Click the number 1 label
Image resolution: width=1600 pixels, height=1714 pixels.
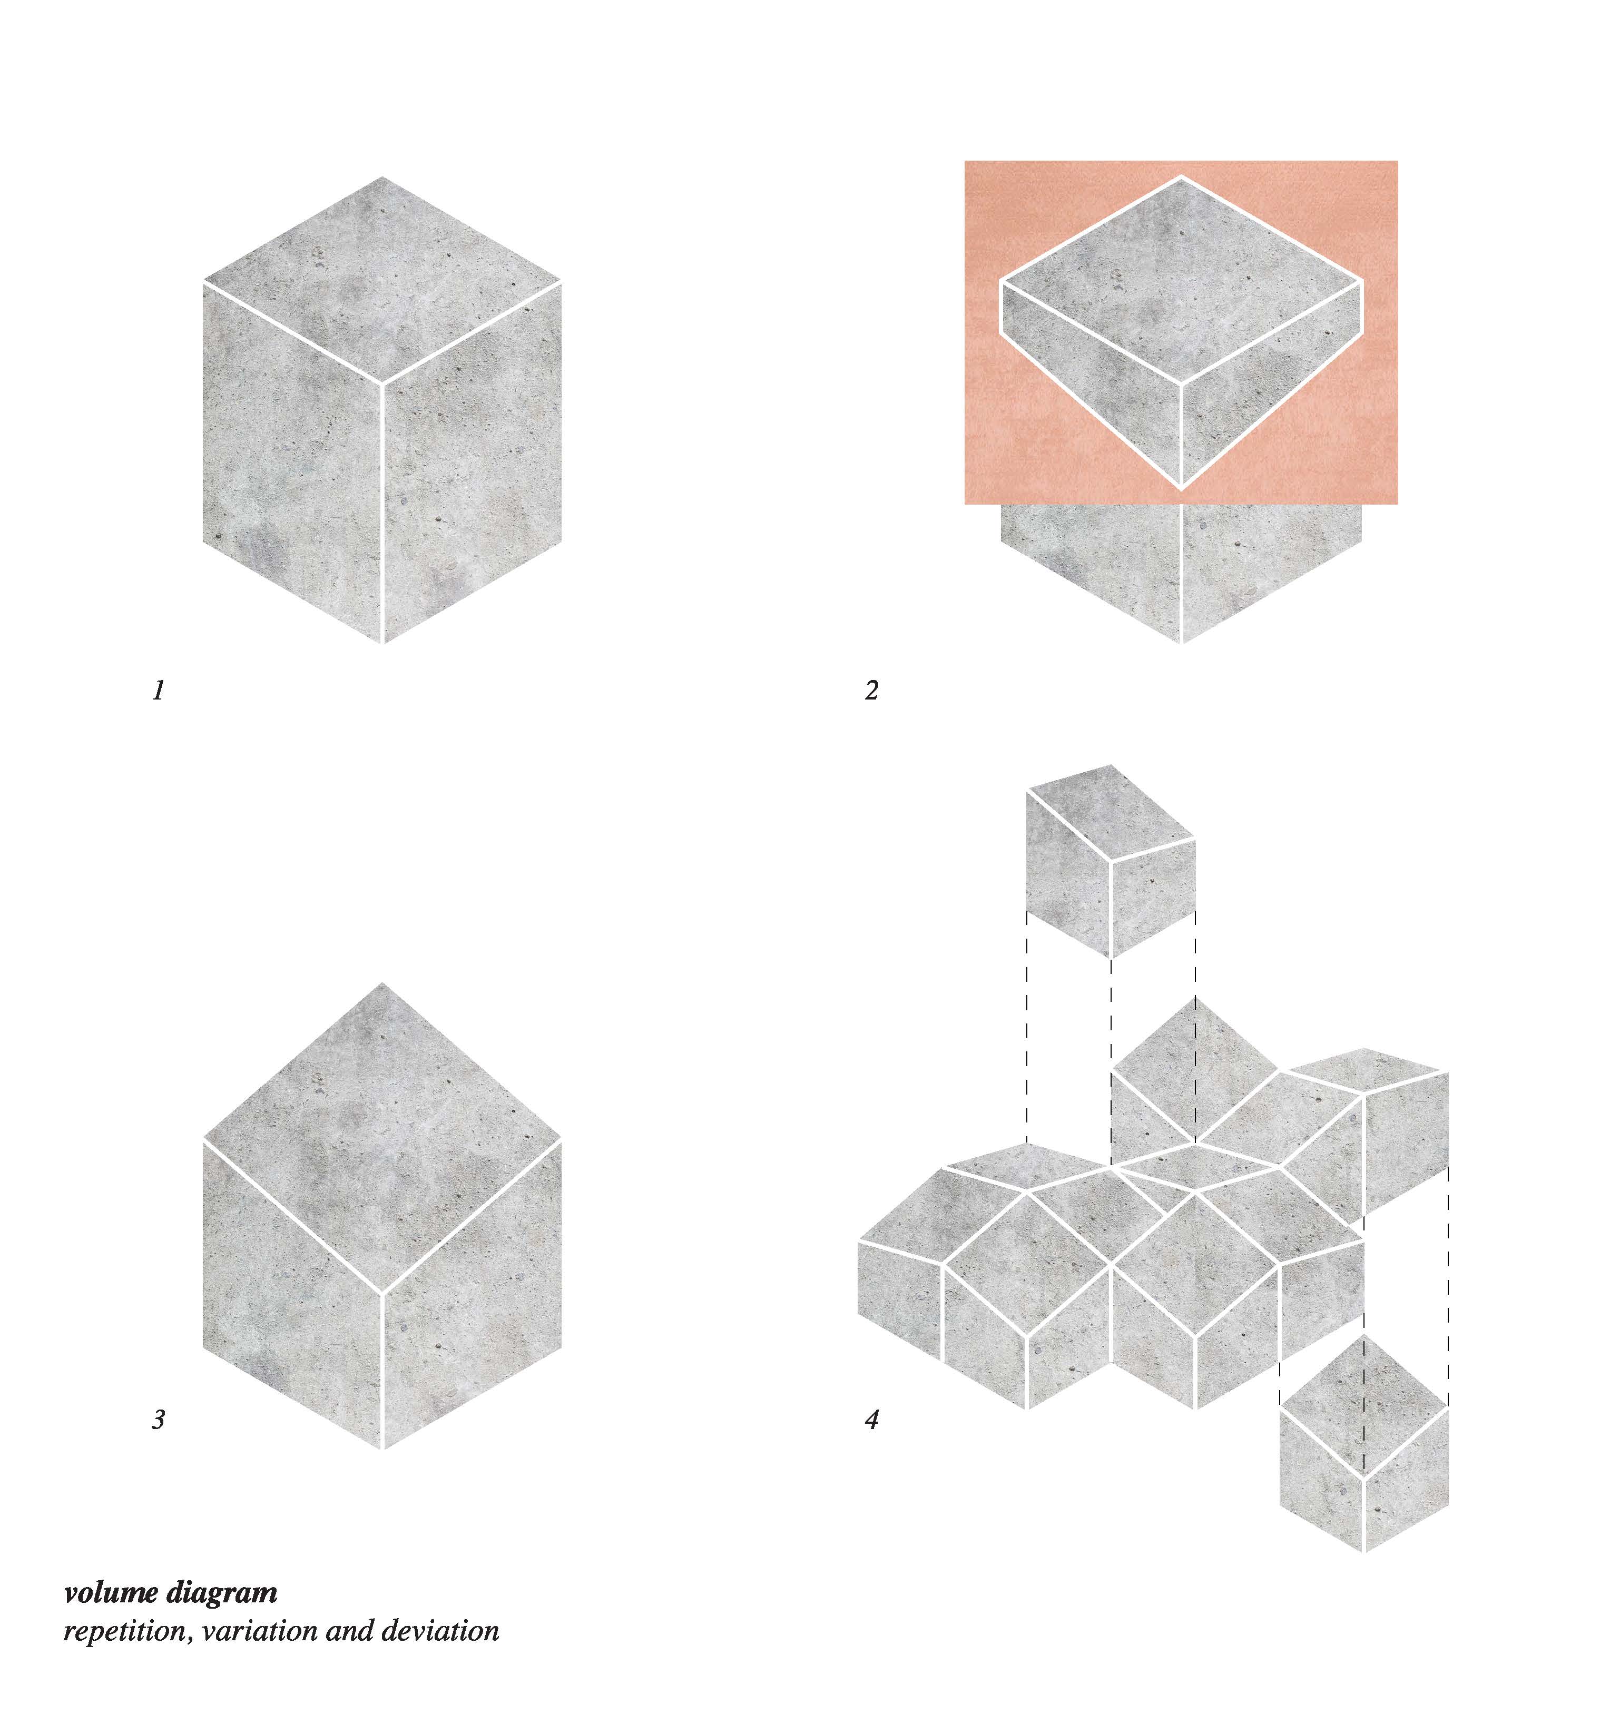pyautogui.click(x=158, y=691)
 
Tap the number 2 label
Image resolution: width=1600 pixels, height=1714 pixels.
pyautogui.click(x=871, y=691)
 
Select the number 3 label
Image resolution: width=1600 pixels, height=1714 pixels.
pyautogui.click(x=158, y=1419)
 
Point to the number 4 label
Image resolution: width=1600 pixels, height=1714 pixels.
pyautogui.click(x=872, y=1419)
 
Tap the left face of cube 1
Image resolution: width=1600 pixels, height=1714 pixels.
pyautogui.click(x=292, y=461)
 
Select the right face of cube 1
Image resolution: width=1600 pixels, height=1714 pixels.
pyautogui.click(x=473, y=461)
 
